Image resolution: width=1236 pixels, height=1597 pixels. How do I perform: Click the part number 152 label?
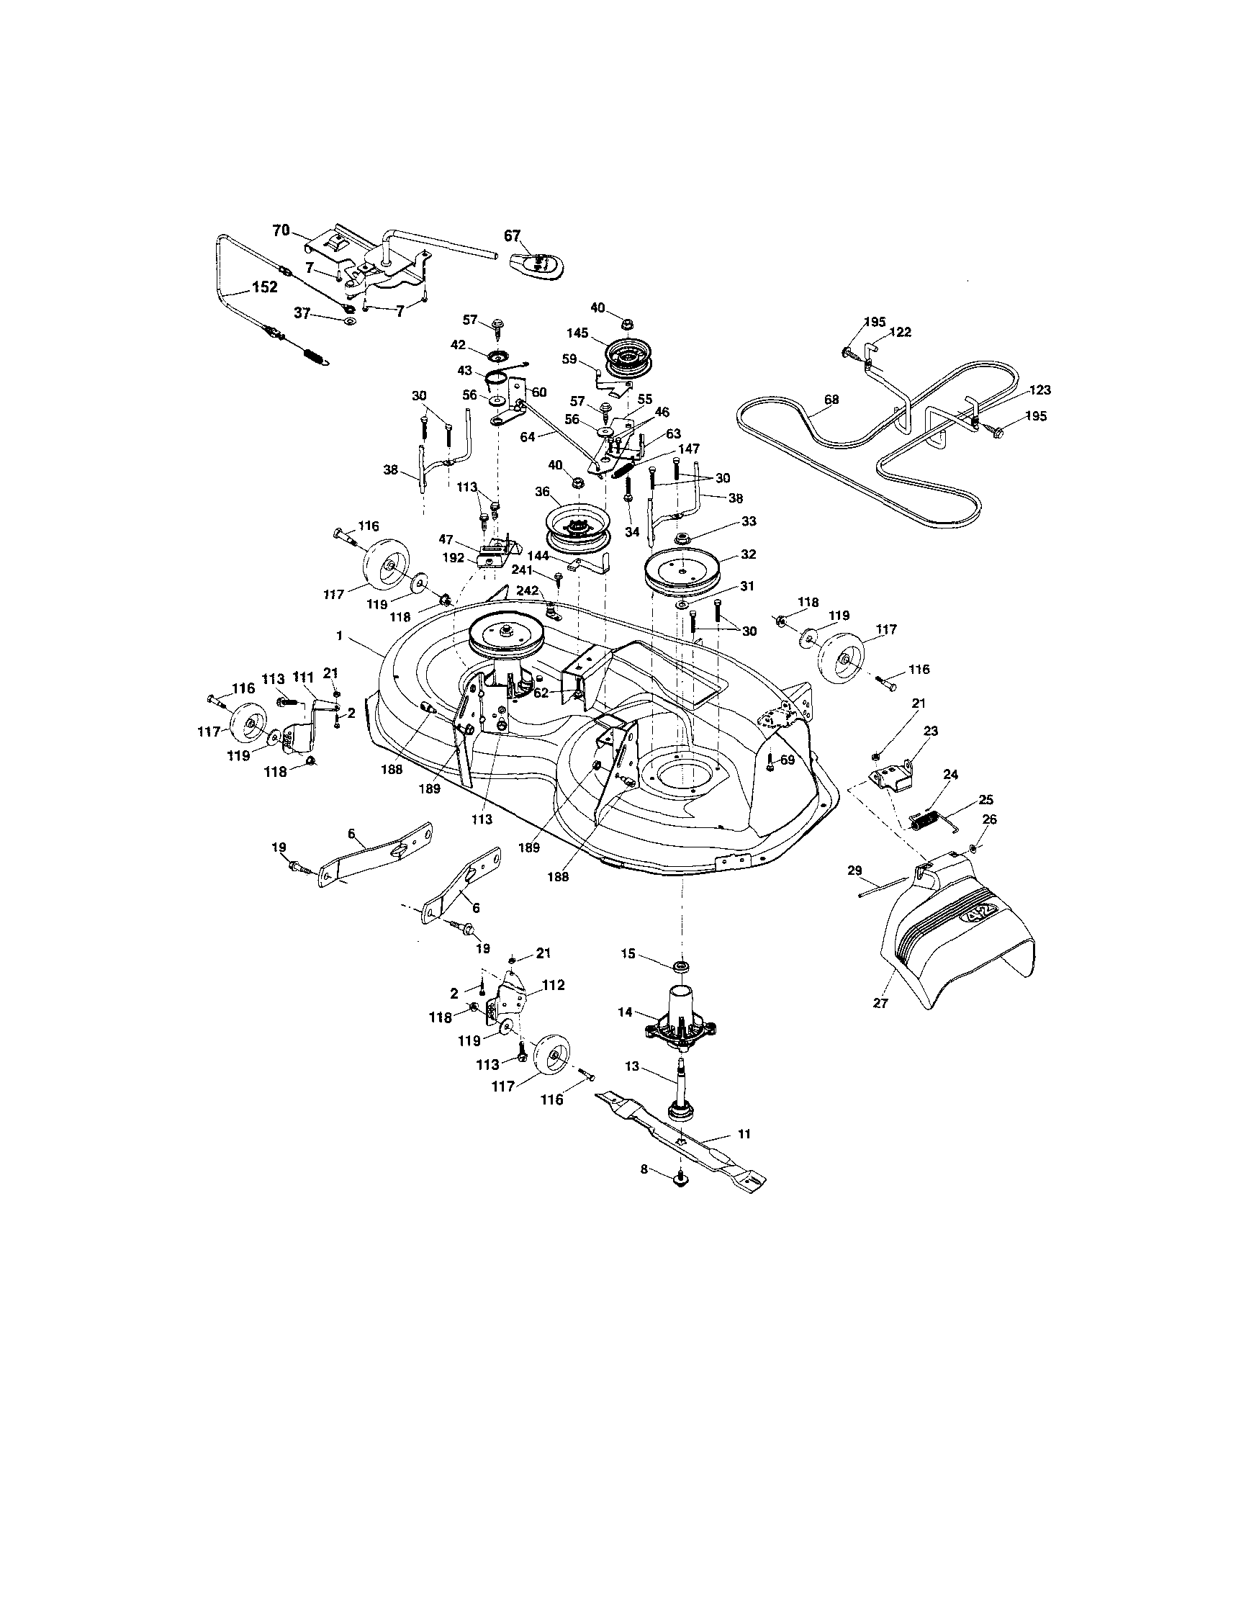coord(264,287)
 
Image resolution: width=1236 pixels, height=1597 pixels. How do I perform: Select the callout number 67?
coord(513,235)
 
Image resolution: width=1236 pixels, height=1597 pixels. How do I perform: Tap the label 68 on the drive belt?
coord(831,400)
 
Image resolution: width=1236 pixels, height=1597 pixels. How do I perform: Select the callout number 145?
coord(577,333)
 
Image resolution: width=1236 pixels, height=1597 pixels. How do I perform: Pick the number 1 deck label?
coord(339,636)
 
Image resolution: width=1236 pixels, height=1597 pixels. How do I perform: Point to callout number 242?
coord(528,590)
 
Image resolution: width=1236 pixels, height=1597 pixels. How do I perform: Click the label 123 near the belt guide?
coord(1039,390)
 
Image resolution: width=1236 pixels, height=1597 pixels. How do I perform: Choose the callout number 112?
coord(554,985)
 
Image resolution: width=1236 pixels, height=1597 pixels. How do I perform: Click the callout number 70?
coord(281,230)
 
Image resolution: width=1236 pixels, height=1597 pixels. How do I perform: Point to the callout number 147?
coord(688,449)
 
